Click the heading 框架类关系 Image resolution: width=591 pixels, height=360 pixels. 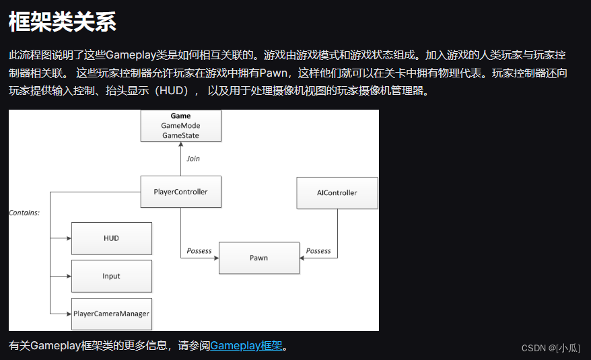coord(63,22)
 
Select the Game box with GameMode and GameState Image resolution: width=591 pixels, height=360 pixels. coord(180,126)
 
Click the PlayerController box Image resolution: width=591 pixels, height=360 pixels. coord(180,192)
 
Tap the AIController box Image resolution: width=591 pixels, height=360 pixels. coord(337,192)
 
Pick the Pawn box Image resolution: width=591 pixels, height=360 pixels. coord(258,258)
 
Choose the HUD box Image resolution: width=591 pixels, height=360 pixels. coord(111,238)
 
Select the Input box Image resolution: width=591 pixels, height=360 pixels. coord(111,276)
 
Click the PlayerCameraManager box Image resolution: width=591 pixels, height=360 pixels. coord(111,314)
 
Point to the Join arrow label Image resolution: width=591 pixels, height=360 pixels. coord(193,159)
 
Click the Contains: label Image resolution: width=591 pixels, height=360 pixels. coord(24,213)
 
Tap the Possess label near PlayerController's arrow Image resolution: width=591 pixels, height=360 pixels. coord(199,251)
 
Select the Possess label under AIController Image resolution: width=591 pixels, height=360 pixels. coord(318,251)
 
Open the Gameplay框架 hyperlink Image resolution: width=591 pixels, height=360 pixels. coord(246,346)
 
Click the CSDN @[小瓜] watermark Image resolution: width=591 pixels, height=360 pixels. coord(551,347)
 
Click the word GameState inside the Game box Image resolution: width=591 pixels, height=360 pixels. coord(180,135)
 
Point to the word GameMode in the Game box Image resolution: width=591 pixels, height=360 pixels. coord(180,126)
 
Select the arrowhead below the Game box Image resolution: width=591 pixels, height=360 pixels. coord(180,145)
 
